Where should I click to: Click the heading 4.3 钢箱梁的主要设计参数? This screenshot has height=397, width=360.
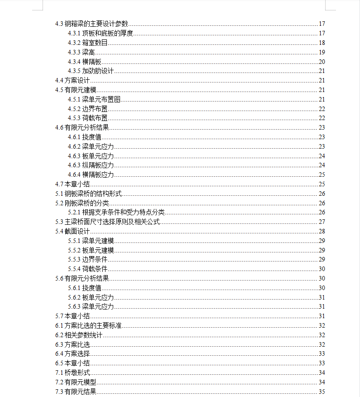pos(92,24)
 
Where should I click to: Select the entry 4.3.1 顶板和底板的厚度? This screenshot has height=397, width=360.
pos(101,34)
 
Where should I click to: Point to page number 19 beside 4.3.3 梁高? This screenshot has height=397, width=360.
pos(322,53)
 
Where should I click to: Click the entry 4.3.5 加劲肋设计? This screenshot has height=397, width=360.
pos(91,71)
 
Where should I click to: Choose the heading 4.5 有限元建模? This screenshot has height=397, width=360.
pos(76,90)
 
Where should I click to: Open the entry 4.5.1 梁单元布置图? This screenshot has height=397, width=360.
pos(94,100)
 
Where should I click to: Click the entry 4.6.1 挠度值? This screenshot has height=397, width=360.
pos(85,137)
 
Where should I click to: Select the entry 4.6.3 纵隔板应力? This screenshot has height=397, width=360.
pos(91,165)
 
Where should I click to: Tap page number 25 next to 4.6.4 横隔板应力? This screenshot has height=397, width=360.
pos(322,175)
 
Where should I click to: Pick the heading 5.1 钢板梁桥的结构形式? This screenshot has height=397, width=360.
pos(88,194)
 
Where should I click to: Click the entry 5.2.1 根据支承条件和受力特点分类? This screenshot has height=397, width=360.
pos(116,213)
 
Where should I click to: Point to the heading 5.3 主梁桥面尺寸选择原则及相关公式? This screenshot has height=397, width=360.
pos(108,222)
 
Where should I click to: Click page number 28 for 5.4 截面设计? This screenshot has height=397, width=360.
pos(322,232)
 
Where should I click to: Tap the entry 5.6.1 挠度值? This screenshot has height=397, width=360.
pos(85,288)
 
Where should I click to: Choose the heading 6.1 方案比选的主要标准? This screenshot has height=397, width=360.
pos(88,326)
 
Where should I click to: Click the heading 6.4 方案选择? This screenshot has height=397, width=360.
pos(72,354)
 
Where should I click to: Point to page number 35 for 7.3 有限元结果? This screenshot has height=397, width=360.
pos(322,392)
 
